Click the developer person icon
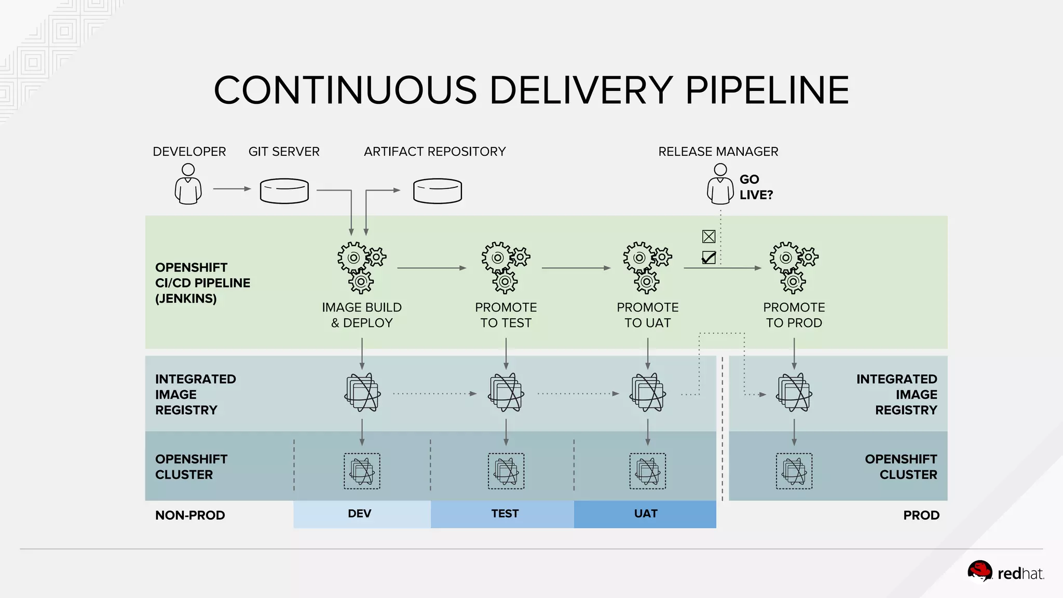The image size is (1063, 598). point(188,184)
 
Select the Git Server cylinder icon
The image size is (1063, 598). point(284,191)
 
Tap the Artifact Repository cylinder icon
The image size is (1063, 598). point(437,191)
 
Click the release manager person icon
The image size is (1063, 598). point(720,184)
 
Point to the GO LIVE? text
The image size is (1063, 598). point(756,187)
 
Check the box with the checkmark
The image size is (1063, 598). point(708,257)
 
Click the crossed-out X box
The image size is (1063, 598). point(708,237)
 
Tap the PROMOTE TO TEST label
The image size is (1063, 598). point(506,315)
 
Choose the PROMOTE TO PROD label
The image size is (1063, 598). point(794,315)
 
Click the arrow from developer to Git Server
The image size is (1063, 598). point(231,189)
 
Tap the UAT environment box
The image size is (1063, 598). point(645,514)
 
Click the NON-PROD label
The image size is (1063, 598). point(190,515)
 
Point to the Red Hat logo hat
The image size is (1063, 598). point(979,572)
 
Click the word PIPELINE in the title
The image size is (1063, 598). point(767,90)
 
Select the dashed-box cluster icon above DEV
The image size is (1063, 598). point(362,471)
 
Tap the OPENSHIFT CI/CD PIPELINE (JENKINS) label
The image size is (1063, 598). point(202,283)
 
